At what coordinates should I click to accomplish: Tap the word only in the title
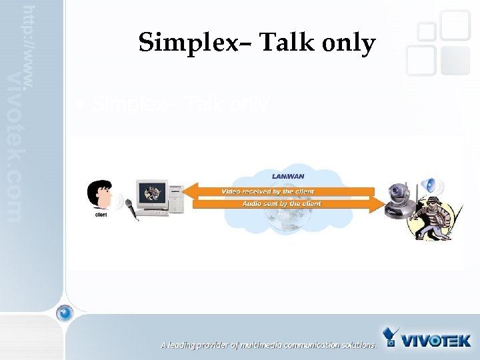pos(349,44)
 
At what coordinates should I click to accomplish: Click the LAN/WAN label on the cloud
pos(287,176)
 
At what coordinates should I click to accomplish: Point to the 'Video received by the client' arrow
pos(277,191)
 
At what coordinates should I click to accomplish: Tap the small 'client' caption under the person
pos(101,215)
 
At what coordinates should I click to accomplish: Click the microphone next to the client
pos(129,209)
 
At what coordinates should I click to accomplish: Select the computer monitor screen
pos(153,193)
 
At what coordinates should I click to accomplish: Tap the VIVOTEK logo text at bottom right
pos(436,340)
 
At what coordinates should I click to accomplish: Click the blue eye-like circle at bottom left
pos(64,312)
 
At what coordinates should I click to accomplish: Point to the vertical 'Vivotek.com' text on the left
pos(15,147)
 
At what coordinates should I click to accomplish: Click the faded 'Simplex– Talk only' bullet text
pos(180,105)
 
